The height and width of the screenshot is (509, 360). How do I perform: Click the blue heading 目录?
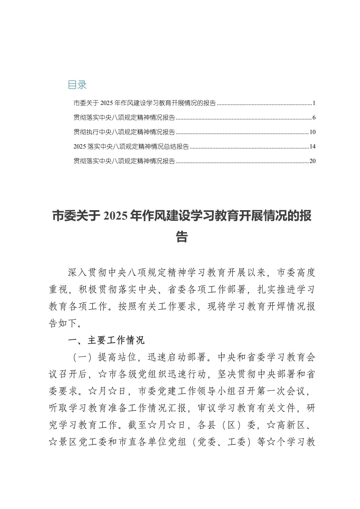pos(77,85)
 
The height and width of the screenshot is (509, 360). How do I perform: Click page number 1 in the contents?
pos(314,103)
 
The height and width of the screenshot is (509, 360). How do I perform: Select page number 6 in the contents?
pos(314,118)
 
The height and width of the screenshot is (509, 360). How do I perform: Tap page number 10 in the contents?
pos(313,132)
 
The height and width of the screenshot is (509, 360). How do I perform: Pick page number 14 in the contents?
pos(313,147)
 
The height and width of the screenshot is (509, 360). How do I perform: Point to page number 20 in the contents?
pos(313,161)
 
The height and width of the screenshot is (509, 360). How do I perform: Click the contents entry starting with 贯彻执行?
pos(124,132)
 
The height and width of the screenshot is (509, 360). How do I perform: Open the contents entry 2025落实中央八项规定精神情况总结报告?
pos(131,147)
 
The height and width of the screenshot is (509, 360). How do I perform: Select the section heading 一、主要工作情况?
pos(106,341)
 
